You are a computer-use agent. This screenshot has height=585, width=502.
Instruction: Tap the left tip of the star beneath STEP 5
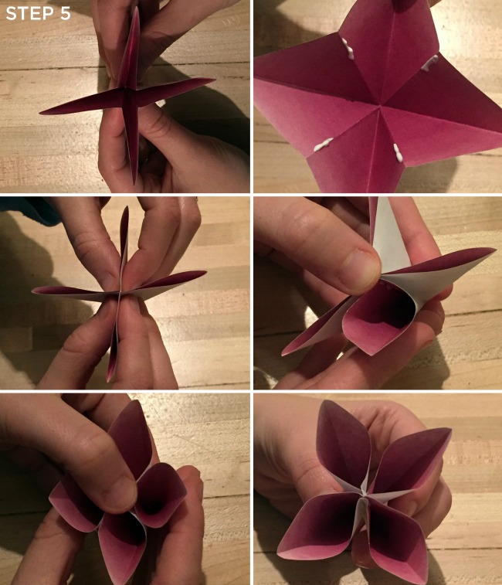tap(42, 113)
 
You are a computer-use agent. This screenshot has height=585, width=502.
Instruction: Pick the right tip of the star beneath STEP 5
tap(213, 80)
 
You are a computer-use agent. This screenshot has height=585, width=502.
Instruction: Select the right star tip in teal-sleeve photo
tap(205, 273)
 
